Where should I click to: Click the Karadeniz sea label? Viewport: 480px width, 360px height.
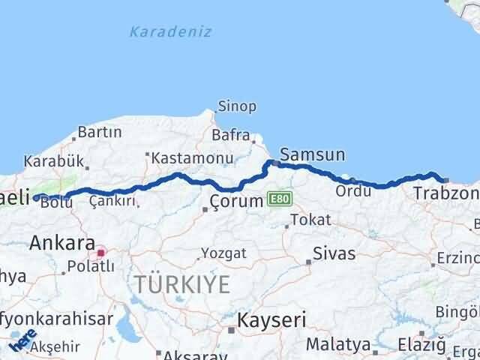[170, 31]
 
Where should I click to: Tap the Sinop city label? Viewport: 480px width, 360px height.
[237, 106]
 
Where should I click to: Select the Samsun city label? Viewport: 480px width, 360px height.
[313, 154]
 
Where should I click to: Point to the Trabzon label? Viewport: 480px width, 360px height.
[445, 194]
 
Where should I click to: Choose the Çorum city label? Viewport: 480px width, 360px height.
[236, 201]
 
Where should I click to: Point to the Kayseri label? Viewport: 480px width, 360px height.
[271, 320]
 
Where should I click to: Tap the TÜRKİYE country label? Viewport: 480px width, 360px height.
[181, 283]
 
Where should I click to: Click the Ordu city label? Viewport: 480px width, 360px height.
[353, 190]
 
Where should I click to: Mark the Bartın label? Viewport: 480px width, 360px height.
[99, 132]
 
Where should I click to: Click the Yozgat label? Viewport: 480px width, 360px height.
[223, 253]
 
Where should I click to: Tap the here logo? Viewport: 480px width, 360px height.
[25, 341]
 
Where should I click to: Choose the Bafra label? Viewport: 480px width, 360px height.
[230, 136]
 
